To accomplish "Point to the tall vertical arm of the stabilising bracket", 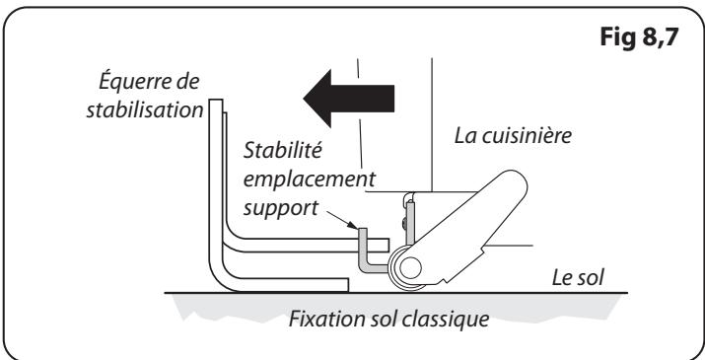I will [219, 178].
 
